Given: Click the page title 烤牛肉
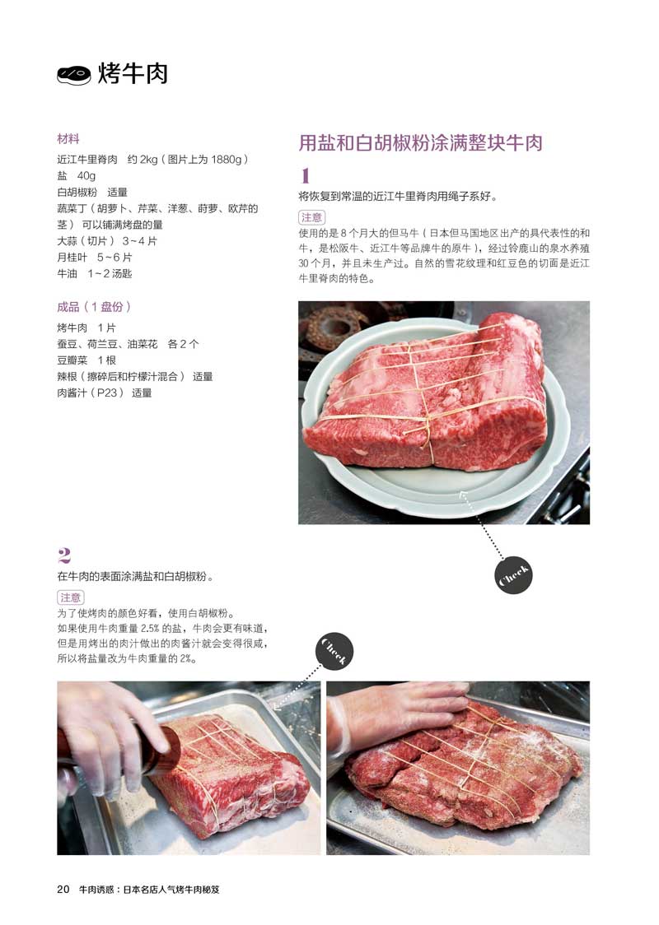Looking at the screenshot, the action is [133, 74].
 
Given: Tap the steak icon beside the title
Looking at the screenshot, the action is [74, 75].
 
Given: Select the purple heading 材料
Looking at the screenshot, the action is [68, 139].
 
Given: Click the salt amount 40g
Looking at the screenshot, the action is [86, 176].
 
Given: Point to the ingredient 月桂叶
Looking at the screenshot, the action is [72, 258].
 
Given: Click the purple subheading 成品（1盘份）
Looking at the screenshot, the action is [94, 307].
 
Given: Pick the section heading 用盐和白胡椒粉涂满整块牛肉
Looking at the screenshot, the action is [420, 143].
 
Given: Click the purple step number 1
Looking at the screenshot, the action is [306, 175].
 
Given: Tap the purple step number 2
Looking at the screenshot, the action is [64, 555].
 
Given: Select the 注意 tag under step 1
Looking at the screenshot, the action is [311, 218].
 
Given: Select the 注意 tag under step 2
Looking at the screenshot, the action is [70, 597].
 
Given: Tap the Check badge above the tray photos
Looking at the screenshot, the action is [334, 651].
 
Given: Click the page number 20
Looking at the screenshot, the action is [63, 889].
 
